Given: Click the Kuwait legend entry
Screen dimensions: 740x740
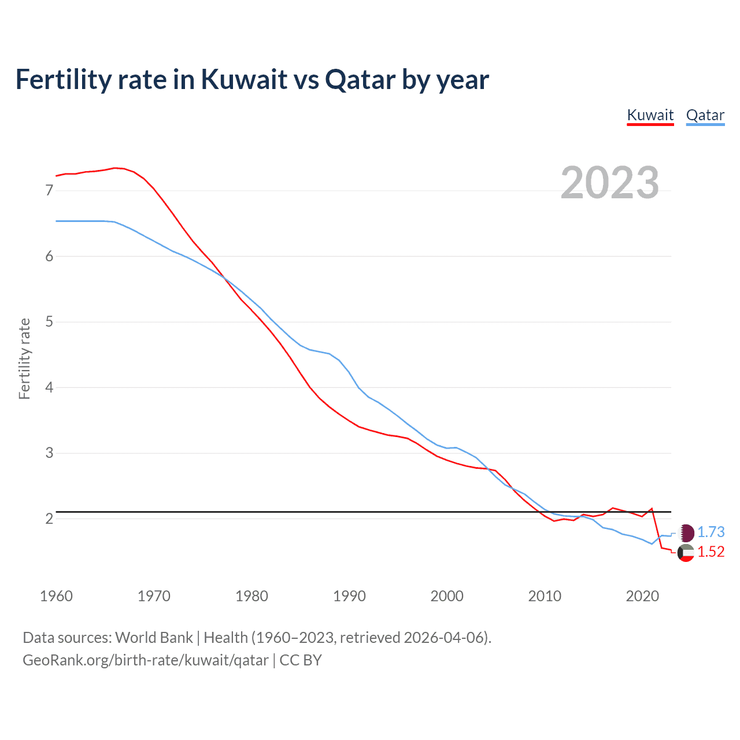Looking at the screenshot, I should click(650, 115).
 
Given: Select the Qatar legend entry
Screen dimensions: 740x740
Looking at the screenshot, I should click(705, 115).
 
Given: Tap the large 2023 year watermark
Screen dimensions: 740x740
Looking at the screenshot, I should click(610, 183).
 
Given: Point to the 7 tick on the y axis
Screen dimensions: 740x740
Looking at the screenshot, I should click(49, 190).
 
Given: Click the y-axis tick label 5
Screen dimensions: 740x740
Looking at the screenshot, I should click(49, 321).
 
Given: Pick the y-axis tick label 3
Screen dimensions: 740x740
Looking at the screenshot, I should click(49, 453).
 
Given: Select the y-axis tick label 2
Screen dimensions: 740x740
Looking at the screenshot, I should click(49, 519).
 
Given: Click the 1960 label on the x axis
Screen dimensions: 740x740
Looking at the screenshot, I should click(56, 596).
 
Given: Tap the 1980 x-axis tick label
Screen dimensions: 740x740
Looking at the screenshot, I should click(251, 596).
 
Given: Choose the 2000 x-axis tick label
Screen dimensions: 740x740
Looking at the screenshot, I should click(447, 596).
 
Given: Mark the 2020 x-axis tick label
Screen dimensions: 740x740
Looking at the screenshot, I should click(642, 596).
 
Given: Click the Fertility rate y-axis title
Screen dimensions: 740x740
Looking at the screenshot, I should click(24, 358).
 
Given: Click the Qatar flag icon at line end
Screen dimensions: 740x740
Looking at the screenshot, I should click(686, 532).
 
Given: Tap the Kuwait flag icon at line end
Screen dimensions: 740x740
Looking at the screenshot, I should click(686, 553).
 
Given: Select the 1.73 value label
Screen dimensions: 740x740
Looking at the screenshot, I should click(711, 532).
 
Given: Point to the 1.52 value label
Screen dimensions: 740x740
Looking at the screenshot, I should click(711, 552).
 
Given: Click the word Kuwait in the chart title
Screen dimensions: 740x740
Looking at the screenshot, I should click(244, 79).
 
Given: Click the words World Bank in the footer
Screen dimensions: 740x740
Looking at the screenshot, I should click(154, 638).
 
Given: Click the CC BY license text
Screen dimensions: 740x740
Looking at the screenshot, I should click(301, 660).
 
